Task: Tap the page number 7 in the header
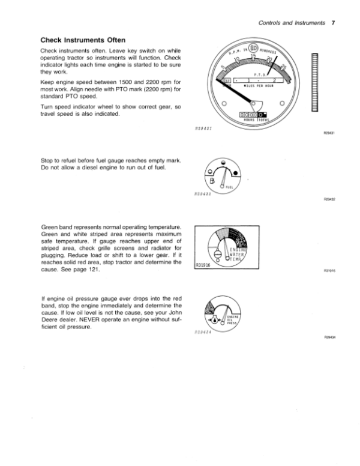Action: point(332,23)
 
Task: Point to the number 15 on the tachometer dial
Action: point(253,56)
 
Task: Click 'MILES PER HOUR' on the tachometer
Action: point(259,86)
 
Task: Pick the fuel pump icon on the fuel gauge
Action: point(213,183)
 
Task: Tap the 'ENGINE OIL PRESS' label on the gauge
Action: point(231,316)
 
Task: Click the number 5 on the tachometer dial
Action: point(224,66)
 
